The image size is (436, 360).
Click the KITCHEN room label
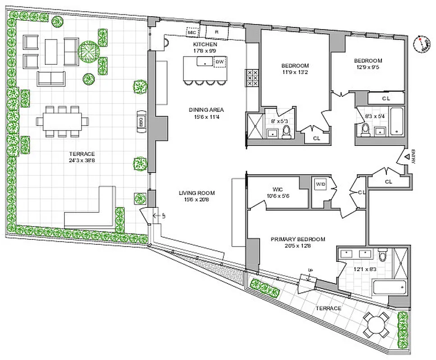(205, 45)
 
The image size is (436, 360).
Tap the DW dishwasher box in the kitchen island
(220, 62)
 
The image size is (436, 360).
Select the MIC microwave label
(191, 32)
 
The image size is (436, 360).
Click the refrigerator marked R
(217, 32)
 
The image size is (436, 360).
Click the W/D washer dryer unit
(321, 184)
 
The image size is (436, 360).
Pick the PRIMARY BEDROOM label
(298, 239)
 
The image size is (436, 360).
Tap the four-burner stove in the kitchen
(252, 78)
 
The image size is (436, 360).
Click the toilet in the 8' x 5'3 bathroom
(286, 131)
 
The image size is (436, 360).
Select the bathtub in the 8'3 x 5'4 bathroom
(397, 121)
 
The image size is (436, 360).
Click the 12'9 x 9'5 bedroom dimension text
(368, 67)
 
